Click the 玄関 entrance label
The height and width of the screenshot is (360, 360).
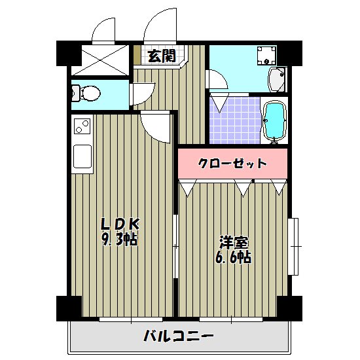160,56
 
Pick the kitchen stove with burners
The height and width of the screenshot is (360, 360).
82,124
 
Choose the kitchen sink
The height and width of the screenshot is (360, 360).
83,156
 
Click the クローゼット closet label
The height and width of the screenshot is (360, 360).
232,163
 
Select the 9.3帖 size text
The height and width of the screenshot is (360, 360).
119,240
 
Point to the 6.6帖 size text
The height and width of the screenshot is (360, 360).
234,257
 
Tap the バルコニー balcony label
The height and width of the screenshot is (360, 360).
178,337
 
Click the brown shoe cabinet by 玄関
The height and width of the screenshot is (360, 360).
137,56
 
